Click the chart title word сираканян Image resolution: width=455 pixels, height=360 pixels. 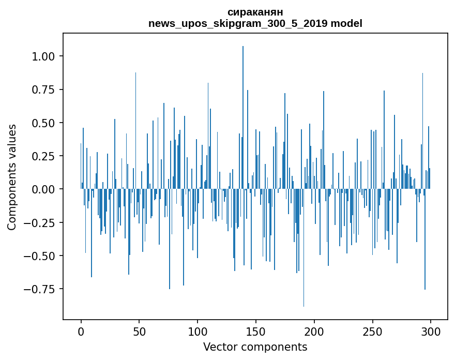(255, 12)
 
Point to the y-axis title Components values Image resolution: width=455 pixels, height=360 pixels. (12, 177)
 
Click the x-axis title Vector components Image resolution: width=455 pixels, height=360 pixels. (255, 347)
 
